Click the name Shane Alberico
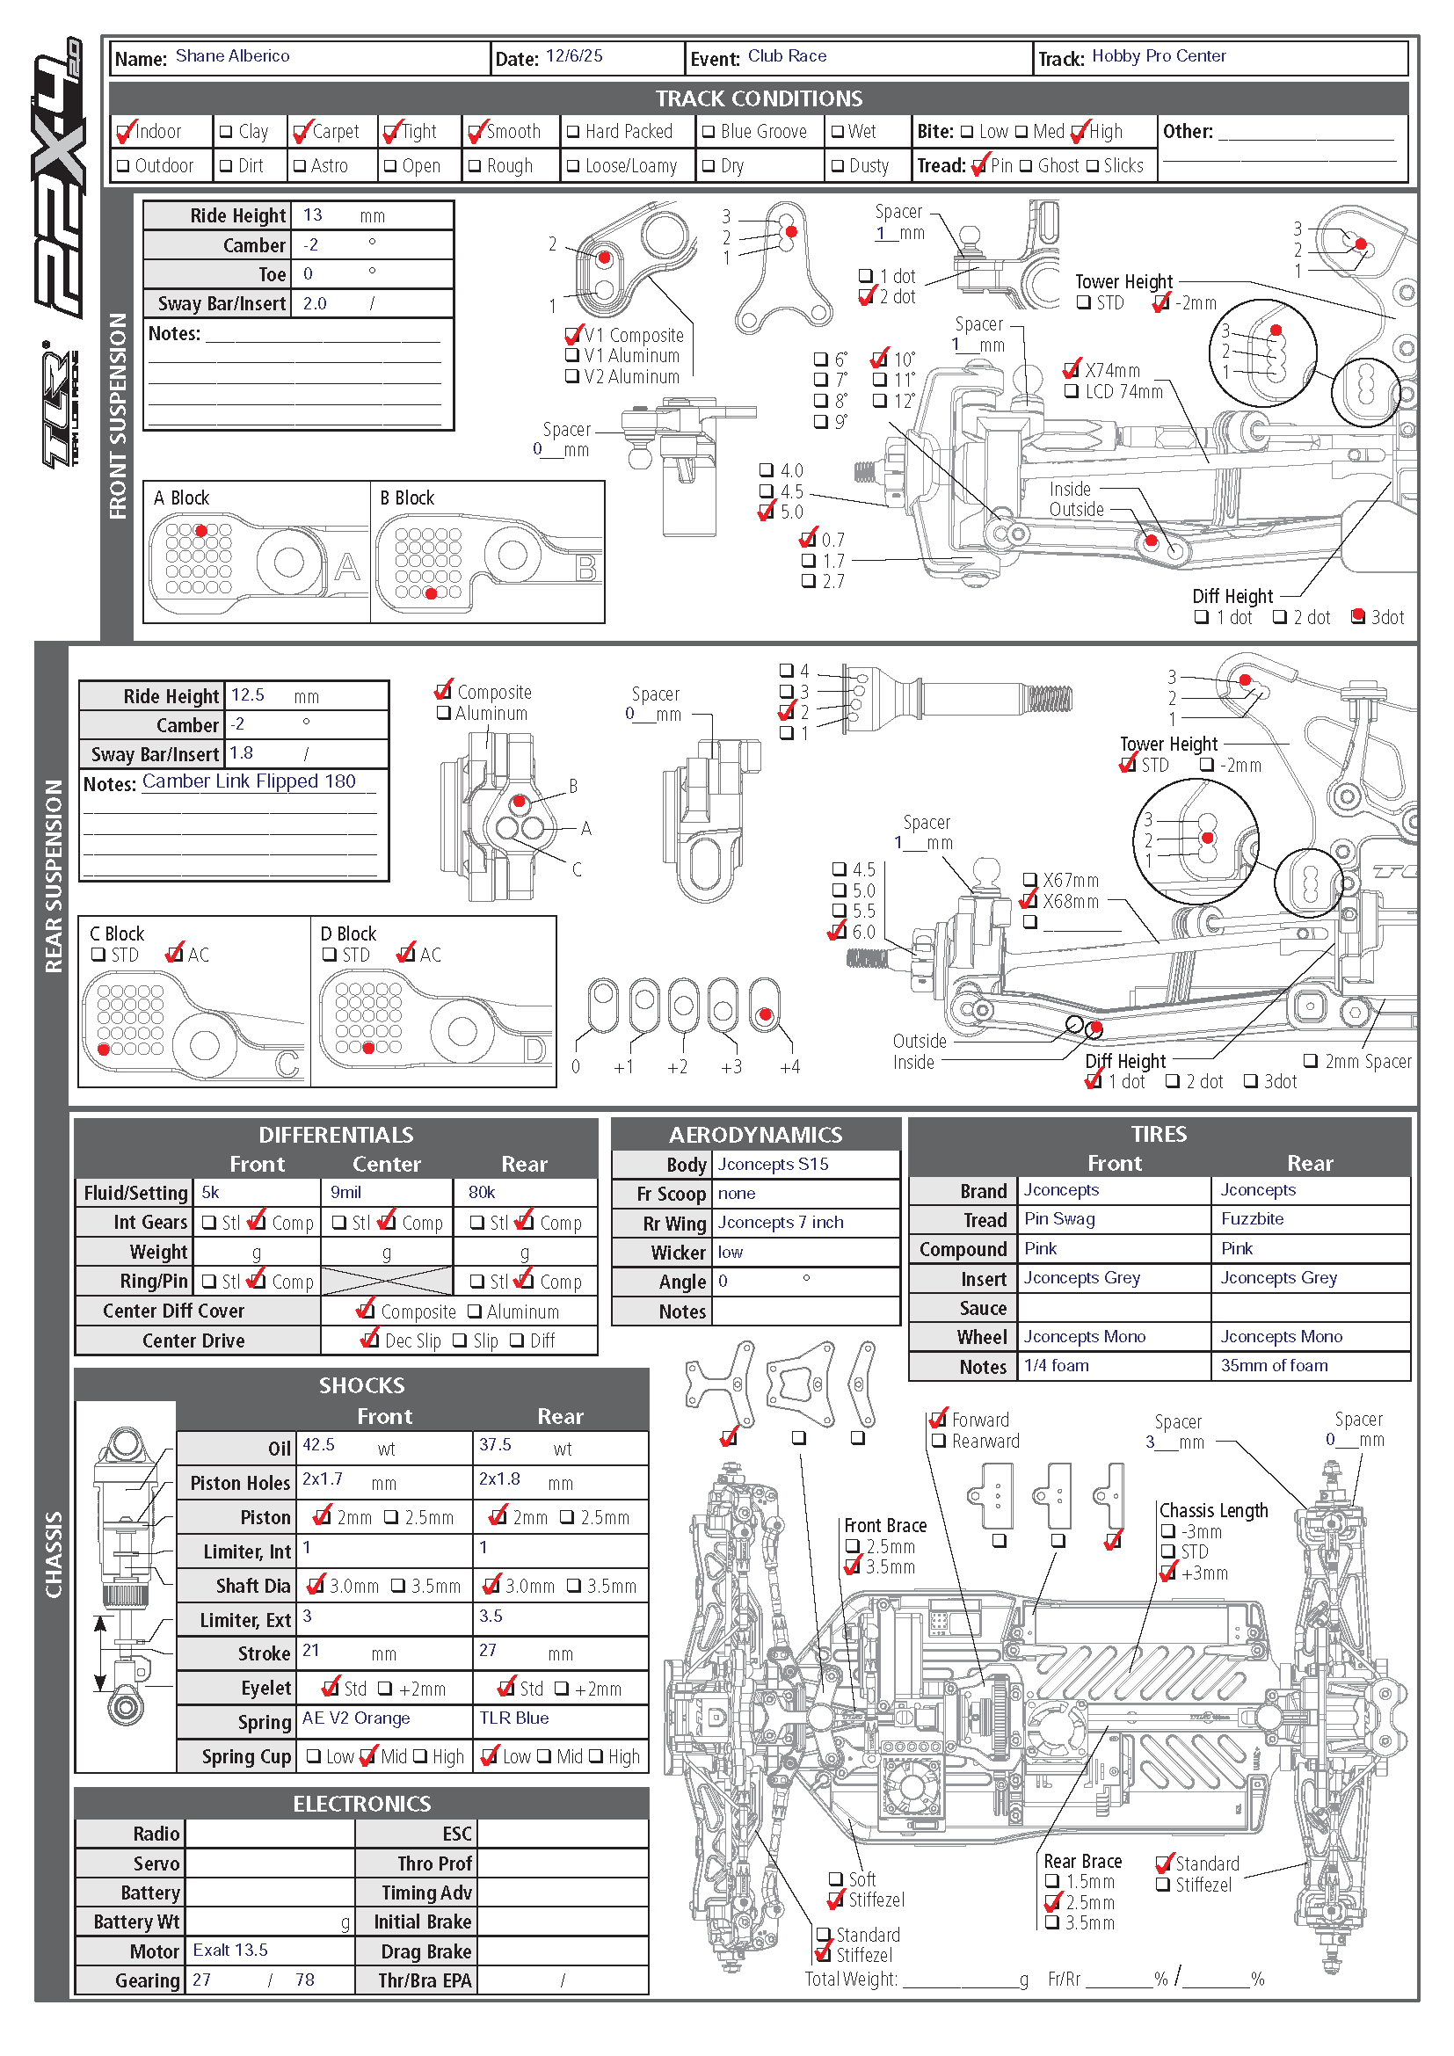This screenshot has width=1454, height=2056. [232, 56]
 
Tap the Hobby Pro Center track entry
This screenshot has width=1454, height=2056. [1158, 56]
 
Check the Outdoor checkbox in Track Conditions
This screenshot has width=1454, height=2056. [125, 166]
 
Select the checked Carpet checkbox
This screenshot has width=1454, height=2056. [301, 133]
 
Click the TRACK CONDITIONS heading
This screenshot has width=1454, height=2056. [759, 98]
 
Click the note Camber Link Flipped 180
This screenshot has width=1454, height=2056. [249, 781]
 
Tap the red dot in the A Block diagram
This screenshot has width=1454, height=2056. [201, 531]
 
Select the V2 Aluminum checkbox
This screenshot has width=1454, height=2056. [572, 377]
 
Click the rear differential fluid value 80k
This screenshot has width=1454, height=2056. [482, 1193]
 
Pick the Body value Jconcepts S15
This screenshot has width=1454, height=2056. [773, 1165]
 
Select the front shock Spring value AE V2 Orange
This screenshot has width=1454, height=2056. [355, 1718]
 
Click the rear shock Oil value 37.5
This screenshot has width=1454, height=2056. [495, 1445]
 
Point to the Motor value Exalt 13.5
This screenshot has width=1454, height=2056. [230, 1951]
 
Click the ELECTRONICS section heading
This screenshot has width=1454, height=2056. [361, 1804]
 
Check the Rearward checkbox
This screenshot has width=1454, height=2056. [939, 1442]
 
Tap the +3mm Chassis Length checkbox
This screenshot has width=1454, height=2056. [1167, 1573]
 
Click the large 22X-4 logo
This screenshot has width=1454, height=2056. [59, 179]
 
